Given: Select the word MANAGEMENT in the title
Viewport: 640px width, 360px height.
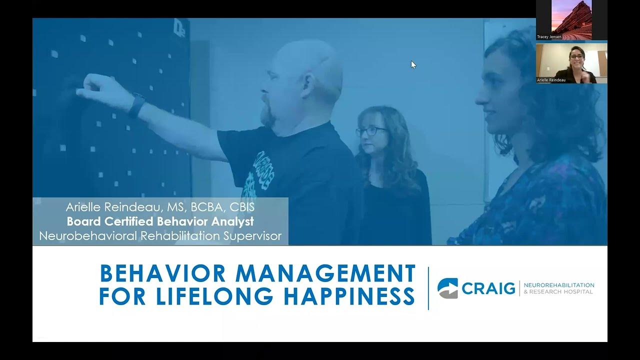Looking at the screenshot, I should pyautogui.click(x=325, y=273).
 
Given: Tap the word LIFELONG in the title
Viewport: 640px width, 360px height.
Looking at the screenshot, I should pyautogui.click(x=214, y=296).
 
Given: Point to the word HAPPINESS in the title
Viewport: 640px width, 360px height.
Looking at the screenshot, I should pyautogui.click(x=349, y=296).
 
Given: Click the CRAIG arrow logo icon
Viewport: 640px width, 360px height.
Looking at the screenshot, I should pyautogui.click(x=447, y=288).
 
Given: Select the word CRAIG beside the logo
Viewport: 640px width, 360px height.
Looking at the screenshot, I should pyautogui.click(x=488, y=288).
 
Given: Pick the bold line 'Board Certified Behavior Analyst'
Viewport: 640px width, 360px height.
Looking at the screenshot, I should pyautogui.click(x=160, y=221).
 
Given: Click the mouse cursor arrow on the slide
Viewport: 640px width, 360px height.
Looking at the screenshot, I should pyautogui.click(x=413, y=64).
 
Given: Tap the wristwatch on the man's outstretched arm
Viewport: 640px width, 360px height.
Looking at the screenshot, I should pyautogui.click(x=136, y=105).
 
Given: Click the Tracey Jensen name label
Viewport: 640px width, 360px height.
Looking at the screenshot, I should pyautogui.click(x=549, y=37).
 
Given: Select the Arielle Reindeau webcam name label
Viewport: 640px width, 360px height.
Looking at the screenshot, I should pyautogui.click(x=551, y=80).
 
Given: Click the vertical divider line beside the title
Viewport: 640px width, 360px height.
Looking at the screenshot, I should pyautogui.click(x=428, y=288).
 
